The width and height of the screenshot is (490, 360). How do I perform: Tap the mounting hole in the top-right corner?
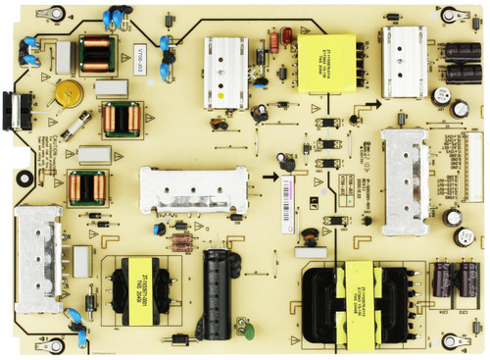tap(448, 14)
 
